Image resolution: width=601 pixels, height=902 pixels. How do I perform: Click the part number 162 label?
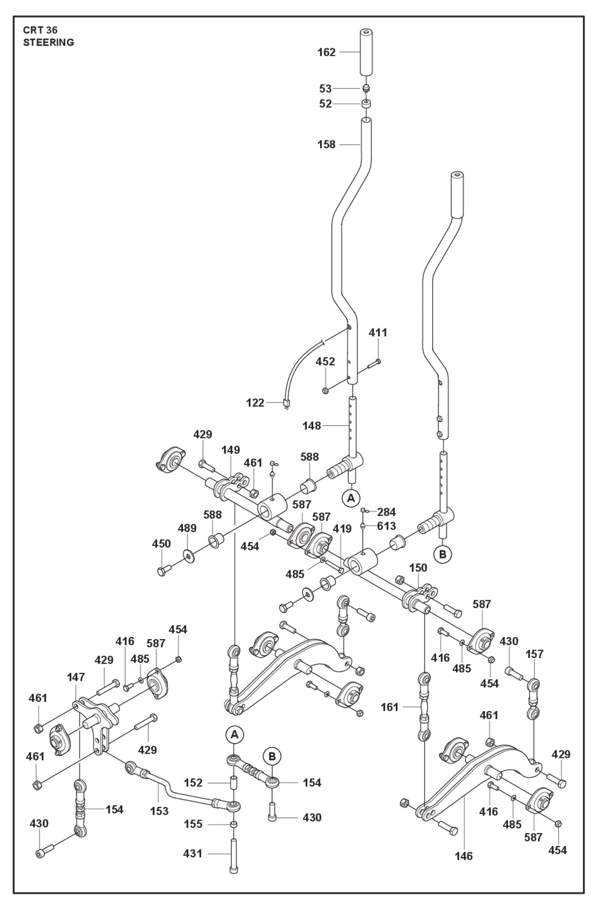[326, 52]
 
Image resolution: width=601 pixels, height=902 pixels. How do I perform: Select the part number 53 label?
[325, 89]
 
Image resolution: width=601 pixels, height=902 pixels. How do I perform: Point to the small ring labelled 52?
[366, 104]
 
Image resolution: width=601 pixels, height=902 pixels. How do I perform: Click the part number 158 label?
[326, 145]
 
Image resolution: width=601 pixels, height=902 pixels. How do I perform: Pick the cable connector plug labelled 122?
[286, 403]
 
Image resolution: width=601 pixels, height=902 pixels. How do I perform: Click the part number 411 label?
[378, 333]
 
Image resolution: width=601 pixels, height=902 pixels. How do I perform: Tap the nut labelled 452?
[326, 390]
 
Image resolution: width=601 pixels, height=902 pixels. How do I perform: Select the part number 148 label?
[312, 426]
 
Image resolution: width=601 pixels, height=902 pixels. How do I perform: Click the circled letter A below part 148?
[351, 498]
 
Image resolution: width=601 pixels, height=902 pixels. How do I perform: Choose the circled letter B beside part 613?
[443, 554]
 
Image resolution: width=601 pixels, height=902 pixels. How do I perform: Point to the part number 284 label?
[386, 512]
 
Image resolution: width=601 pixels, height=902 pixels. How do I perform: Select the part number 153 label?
[159, 811]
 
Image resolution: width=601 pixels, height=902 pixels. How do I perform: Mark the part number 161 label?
[390, 707]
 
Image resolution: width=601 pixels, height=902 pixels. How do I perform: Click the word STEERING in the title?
[49, 42]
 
